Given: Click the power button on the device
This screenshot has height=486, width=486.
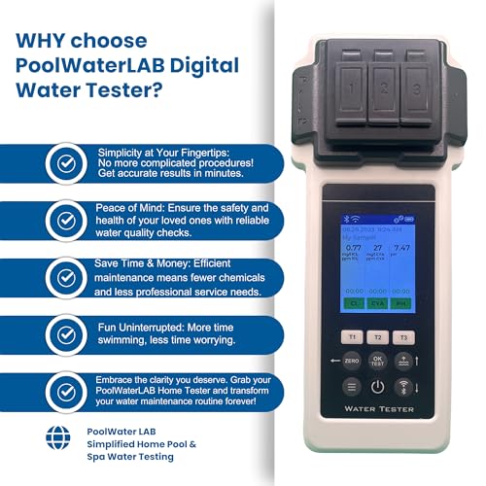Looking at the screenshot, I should click(379, 387).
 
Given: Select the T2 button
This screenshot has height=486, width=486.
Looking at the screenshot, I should click(379, 336).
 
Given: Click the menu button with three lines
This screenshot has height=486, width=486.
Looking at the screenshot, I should click(351, 387).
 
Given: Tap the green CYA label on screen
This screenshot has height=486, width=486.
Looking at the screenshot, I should click(378, 303).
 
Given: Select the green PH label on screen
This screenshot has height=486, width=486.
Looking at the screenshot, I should click(404, 303).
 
